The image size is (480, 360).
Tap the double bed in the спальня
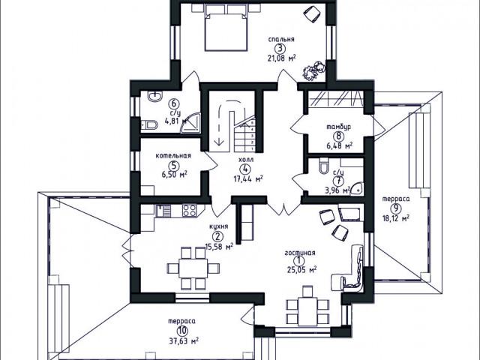226,28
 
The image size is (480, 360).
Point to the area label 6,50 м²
174,175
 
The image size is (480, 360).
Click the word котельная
173,156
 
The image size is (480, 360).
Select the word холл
246,160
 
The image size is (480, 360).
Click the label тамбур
339,127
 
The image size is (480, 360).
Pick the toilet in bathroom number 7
323,166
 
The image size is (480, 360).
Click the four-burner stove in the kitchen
189,210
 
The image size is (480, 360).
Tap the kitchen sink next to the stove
163,211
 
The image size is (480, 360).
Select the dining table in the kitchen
193,268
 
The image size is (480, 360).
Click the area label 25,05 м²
301,270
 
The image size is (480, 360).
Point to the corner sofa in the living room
351,268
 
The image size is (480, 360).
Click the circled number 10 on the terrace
181,331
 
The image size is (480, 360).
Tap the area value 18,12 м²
396,218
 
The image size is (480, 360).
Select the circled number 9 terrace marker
395,208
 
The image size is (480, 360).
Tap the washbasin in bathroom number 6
155,97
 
